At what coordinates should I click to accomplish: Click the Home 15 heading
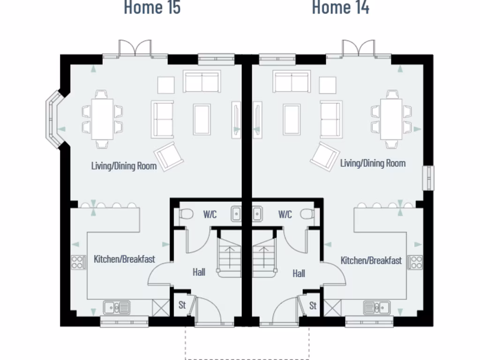(x=152, y=7)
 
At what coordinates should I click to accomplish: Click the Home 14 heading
(x=340, y=7)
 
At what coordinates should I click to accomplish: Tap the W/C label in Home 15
(x=210, y=215)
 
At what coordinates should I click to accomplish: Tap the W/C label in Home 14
(x=285, y=215)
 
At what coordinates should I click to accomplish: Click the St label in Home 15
(x=182, y=305)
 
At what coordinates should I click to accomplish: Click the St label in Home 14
(x=313, y=306)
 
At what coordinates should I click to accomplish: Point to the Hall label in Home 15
(x=199, y=272)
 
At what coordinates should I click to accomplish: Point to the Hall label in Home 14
(x=299, y=273)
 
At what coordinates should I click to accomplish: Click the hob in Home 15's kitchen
(x=78, y=262)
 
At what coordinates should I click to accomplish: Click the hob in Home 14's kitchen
(x=415, y=262)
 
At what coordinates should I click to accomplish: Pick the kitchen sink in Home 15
(x=117, y=307)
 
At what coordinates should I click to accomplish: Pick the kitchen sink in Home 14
(x=377, y=307)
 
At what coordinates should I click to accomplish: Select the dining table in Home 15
(x=102, y=119)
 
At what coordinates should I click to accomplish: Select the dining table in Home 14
(x=391, y=119)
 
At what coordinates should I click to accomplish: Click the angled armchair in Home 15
(x=169, y=156)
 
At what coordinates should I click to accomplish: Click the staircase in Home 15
(x=229, y=255)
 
